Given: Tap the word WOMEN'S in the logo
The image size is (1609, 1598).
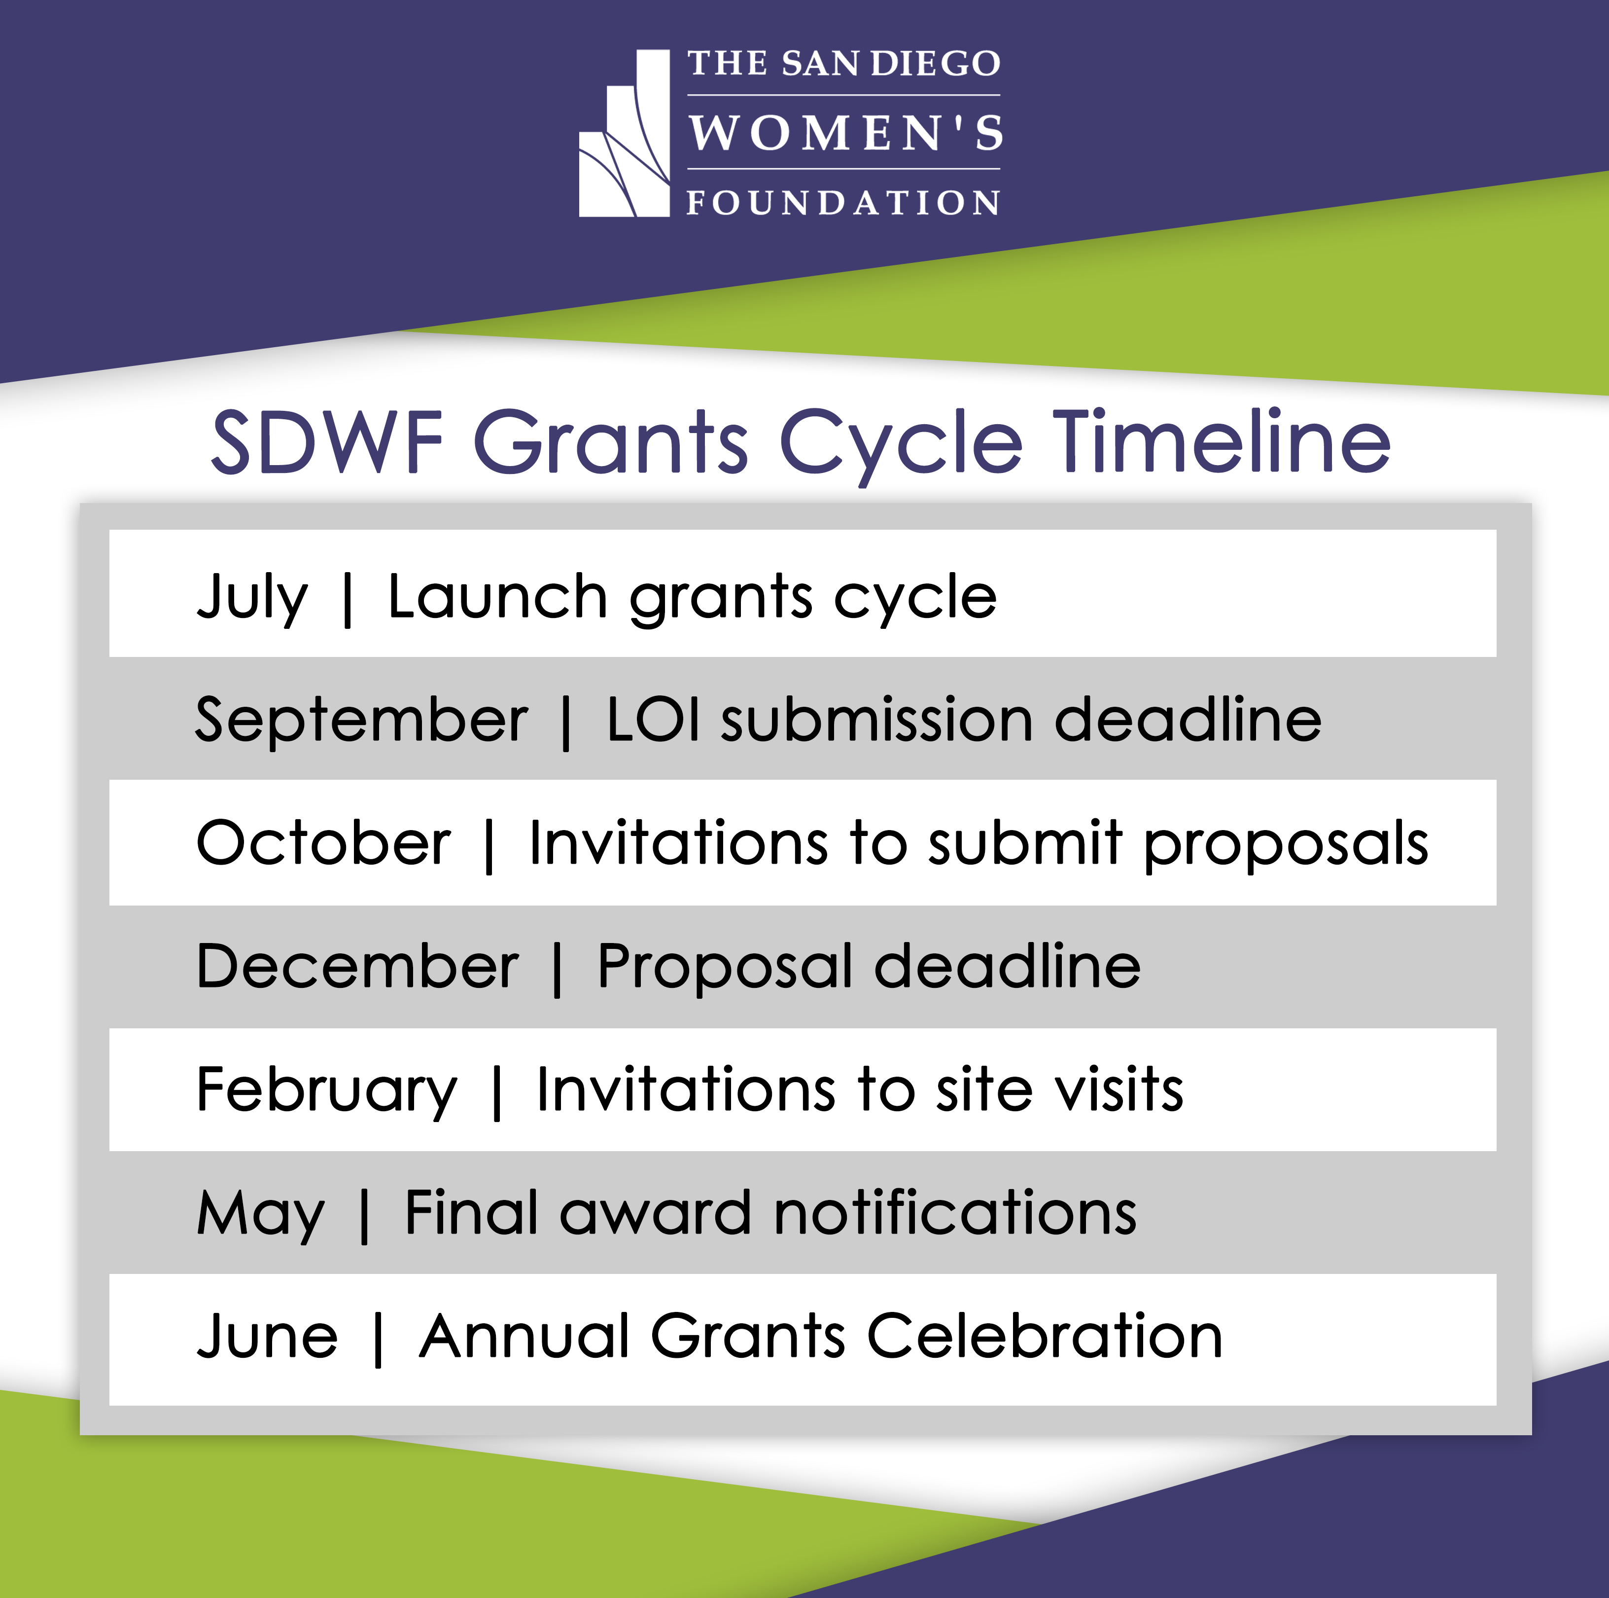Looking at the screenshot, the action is (x=845, y=133).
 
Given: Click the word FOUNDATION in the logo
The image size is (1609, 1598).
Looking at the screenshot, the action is (x=843, y=202).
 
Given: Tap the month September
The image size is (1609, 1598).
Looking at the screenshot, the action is (x=361, y=720).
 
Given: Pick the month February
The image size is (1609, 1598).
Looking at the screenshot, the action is (x=326, y=1090).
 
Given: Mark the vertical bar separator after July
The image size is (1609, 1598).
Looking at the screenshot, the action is (x=348, y=599).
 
